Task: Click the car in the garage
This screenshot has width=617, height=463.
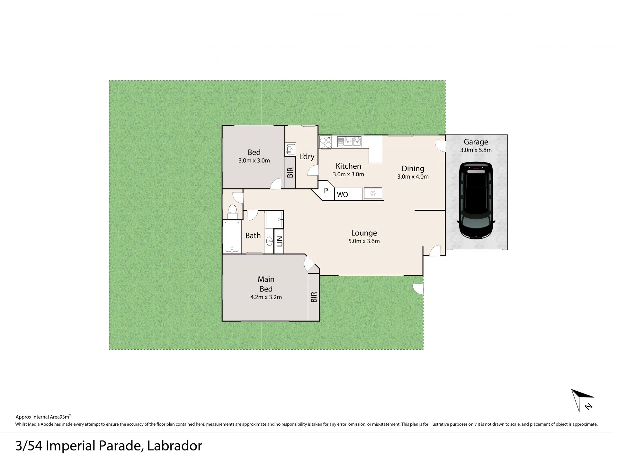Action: point(476,200)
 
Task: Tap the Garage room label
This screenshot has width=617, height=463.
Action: point(476,142)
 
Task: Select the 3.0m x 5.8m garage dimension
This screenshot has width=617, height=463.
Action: point(476,150)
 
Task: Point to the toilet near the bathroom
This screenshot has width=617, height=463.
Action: point(232,210)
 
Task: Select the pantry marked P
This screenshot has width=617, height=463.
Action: point(326,191)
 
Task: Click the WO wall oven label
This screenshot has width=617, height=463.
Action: point(342,195)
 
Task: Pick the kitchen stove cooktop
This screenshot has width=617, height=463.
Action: point(325,142)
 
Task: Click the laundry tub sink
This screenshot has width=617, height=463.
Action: point(291,149)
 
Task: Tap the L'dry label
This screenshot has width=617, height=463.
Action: point(307,157)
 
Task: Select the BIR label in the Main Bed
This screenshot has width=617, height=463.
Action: point(314,297)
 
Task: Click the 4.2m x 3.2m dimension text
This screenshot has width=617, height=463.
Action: point(266,297)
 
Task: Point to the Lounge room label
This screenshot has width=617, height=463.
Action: point(364,233)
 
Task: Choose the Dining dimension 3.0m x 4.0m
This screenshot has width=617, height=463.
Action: point(413,176)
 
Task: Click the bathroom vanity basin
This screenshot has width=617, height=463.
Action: point(269,241)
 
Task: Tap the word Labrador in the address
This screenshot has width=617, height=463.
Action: point(175,446)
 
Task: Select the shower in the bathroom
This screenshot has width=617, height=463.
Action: point(274,219)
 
